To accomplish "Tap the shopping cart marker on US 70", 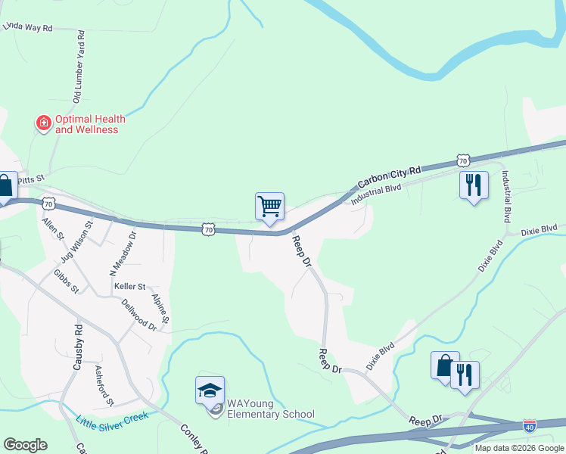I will [x=269, y=206].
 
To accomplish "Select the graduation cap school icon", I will [x=210, y=390].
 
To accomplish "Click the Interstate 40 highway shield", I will [x=530, y=426].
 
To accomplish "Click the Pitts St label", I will [x=33, y=178].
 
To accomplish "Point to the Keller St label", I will [x=129, y=287].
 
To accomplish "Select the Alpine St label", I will [x=160, y=312].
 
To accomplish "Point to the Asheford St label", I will [x=104, y=384].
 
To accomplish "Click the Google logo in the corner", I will [x=25, y=445].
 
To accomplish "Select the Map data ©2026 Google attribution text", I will [x=519, y=448].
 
